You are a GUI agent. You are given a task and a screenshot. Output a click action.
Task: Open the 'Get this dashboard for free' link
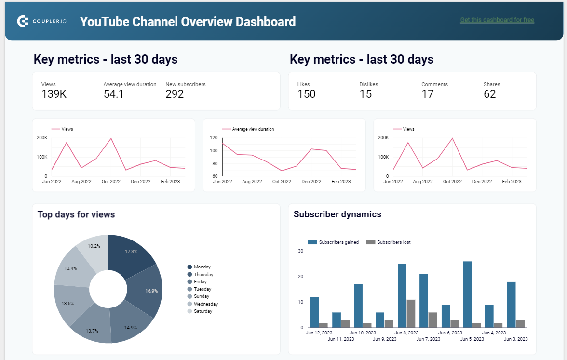497,20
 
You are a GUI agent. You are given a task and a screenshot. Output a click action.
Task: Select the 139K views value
54,94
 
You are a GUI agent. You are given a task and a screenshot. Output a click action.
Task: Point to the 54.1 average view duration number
114,94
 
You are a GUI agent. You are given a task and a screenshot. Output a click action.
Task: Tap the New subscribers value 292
175,94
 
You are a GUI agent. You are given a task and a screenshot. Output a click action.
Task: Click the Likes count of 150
306,94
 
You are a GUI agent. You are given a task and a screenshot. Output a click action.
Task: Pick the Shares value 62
490,94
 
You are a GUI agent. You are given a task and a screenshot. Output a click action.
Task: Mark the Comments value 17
428,94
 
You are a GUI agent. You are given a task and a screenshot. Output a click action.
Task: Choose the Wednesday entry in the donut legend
205,304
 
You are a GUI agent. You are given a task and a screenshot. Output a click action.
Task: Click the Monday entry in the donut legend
202,267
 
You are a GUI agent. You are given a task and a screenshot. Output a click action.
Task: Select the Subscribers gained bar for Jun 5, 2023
467,294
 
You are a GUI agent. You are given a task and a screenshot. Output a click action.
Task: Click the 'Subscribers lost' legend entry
393,242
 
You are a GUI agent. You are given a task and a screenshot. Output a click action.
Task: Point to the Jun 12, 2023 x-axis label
319,333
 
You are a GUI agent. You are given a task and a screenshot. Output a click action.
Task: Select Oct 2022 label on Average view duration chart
282,182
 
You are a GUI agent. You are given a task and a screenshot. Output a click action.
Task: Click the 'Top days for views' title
76,214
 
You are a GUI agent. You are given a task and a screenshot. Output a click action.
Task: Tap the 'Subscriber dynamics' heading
337,214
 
